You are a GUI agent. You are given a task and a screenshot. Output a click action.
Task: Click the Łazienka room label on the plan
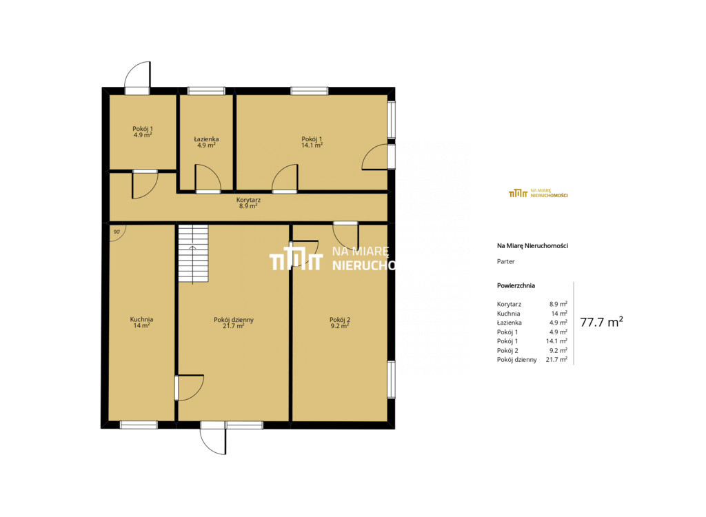(x=206, y=139)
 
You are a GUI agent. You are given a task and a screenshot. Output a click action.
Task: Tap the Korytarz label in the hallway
(x=248, y=200)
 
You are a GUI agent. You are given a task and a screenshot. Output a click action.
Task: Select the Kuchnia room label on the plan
(x=141, y=319)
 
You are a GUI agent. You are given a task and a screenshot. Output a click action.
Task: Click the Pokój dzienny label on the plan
(x=233, y=320)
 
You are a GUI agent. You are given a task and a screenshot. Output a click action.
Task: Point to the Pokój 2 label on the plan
(x=339, y=320)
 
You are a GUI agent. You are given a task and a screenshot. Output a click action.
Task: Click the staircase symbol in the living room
(x=193, y=254)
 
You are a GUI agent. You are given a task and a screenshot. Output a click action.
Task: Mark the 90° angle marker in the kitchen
(x=117, y=232)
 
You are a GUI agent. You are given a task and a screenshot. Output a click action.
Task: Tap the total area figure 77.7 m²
(x=601, y=322)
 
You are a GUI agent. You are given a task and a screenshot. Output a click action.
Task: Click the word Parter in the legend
(x=505, y=261)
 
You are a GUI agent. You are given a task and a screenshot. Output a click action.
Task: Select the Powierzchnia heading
(x=516, y=285)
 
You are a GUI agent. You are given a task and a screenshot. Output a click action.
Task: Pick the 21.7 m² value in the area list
(x=556, y=359)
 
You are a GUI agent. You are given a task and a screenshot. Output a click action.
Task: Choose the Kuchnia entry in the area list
(x=508, y=314)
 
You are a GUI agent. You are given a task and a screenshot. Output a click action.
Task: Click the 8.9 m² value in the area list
(x=558, y=304)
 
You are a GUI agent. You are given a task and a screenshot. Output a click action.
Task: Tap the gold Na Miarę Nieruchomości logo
(x=538, y=193)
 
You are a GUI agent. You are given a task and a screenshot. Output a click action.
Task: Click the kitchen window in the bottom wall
(x=139, y=425)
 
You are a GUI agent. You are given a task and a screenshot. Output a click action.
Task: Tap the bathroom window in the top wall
(x=206, y=91)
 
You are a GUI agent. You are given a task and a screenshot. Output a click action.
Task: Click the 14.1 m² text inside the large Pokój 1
(x=312, y=145)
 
